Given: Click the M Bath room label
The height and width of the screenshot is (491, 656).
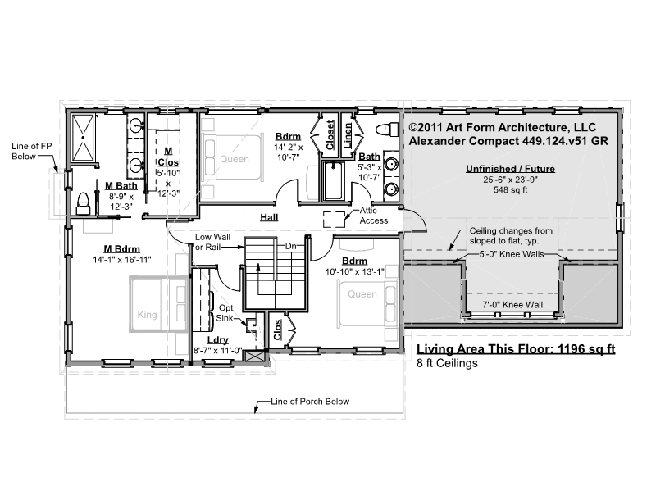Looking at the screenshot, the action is click(121, 186).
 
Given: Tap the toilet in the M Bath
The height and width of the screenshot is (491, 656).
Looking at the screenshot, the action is click(84, 203).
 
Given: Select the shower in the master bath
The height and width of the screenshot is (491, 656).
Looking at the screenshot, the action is click(84, 137).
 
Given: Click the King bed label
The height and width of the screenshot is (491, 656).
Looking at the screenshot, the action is click(148, 315).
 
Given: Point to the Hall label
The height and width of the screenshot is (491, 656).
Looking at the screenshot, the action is click(269, 217).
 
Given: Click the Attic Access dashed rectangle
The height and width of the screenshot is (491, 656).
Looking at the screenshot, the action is click(334, 219).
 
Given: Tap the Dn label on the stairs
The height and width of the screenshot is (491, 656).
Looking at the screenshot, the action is click(291, 246).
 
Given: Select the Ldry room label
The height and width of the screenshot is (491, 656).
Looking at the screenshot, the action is click(217, 340).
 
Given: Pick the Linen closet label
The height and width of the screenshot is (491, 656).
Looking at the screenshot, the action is click(347, 135).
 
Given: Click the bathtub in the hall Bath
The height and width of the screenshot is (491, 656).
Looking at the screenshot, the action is click(333, 180).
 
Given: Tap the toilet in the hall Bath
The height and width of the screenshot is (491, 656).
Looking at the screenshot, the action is click(387, 130).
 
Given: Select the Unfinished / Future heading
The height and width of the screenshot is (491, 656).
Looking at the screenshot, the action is click(510, 169).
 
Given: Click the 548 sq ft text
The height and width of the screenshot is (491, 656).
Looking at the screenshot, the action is click(510, 190).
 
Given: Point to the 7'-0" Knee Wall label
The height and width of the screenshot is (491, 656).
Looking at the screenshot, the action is click(512, 305).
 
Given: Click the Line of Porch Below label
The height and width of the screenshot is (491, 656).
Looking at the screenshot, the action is click(310, 402).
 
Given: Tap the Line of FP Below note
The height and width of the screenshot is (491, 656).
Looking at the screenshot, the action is click(31, 151).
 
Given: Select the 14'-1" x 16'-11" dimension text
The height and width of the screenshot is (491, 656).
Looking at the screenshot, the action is click(121, 260).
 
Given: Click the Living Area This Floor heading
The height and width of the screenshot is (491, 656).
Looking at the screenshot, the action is click(516, 349).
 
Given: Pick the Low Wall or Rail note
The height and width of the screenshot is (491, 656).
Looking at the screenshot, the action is click(212, 242).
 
